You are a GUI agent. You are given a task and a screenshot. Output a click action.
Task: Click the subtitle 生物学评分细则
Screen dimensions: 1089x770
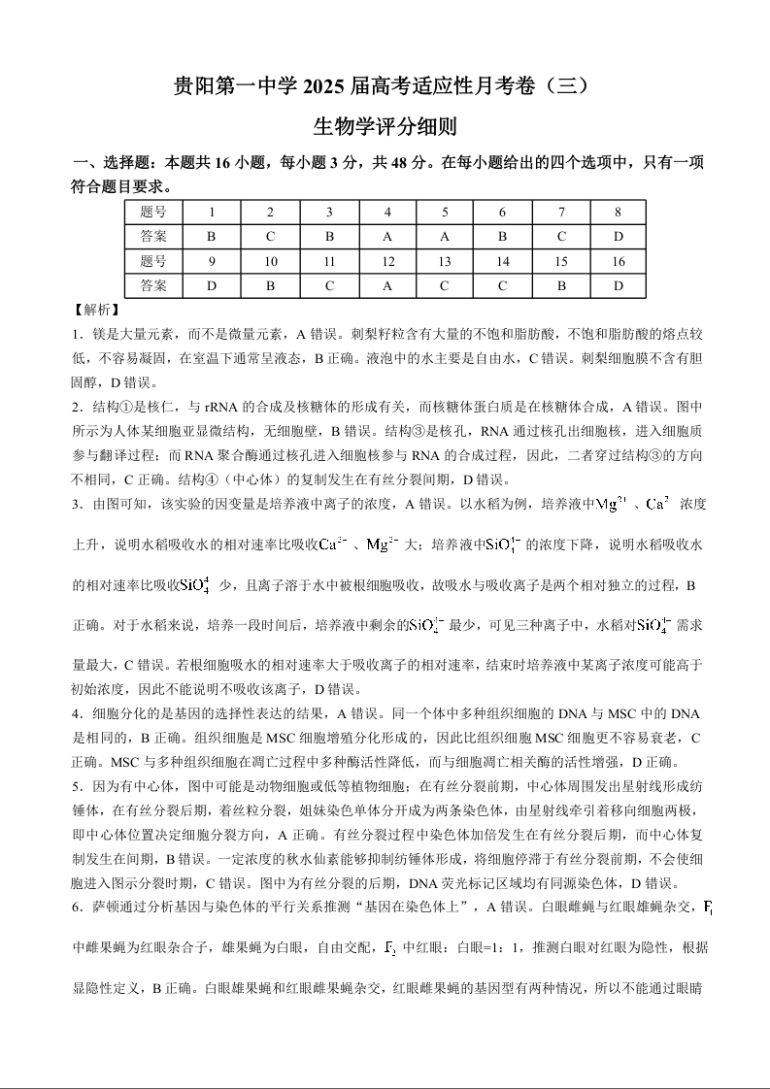[x=385, y=126]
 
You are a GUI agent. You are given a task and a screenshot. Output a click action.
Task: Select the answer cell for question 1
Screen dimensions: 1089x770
[x=212, y=236]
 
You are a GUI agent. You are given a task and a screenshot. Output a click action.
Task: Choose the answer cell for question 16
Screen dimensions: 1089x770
[x=618, y=285]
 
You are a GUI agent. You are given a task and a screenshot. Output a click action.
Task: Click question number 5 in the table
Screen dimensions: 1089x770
[x=445, y=212]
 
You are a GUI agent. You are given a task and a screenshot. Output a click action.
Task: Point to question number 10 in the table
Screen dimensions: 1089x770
[x=271, y=261]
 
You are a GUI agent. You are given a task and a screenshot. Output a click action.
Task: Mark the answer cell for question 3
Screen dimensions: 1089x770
[x=329, y=236]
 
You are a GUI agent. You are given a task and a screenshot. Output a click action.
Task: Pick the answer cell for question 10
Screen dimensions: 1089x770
[x=271, y=285]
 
